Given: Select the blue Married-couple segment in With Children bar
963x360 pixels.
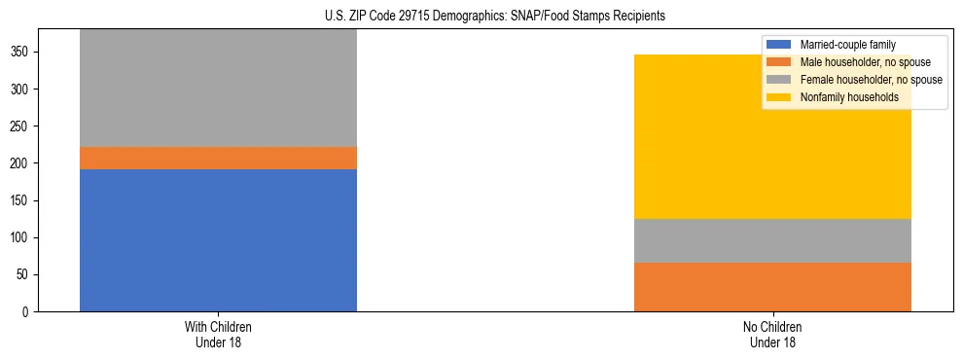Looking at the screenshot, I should [218, 240].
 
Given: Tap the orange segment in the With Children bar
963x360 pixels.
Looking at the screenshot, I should [218, 158].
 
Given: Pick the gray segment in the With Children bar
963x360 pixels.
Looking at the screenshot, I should [218, 88].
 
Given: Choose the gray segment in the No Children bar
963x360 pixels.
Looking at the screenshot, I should [772, 240].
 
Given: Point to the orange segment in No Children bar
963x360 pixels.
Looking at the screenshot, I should [772, 286].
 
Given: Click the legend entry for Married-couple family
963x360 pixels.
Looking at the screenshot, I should [847, 45].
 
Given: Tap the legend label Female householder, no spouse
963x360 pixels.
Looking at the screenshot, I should [871, 80].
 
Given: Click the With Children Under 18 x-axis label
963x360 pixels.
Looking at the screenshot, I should [218, 334].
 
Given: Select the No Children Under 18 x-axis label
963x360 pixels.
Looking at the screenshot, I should [772, 334].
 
